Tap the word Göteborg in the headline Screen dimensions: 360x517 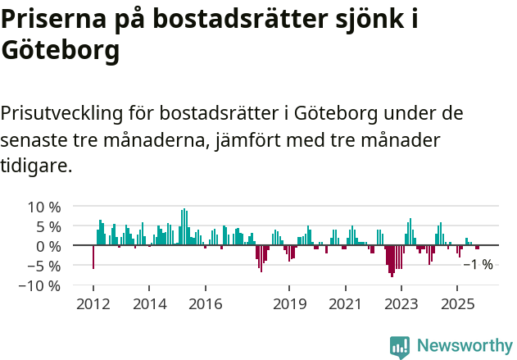61,51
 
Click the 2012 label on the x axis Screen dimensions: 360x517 93,304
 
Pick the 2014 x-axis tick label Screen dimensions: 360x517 148,304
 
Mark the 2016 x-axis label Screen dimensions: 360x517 205,304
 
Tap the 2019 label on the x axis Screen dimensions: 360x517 288,304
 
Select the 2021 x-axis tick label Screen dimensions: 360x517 344,304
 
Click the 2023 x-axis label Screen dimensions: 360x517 401,304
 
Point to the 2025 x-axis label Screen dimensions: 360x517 456,304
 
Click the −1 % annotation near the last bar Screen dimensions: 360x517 478,264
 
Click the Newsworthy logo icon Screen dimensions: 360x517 400,346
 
